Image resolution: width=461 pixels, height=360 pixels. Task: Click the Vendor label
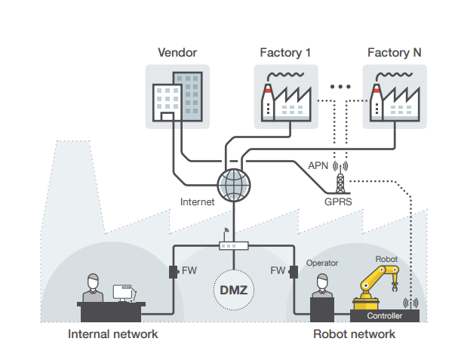tap(177, 53)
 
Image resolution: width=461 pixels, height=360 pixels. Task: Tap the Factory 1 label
tap(285, 53)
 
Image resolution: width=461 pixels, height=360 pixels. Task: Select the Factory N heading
tap(394, 53)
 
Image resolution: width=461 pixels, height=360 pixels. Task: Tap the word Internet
tap(198, 202)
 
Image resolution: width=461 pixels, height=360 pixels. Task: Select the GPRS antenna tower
tap(340, 178)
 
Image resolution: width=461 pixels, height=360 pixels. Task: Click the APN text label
tap(318, 166)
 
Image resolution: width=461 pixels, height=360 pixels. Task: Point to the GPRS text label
tap(338, 202)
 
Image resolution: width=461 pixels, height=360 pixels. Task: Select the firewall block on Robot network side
tap(293, 270)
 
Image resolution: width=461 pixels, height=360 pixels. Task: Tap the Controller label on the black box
tap(385, 316)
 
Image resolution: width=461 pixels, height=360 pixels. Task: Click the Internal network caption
tap(113, 334)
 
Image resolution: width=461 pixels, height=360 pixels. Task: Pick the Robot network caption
tap(354, 334)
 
